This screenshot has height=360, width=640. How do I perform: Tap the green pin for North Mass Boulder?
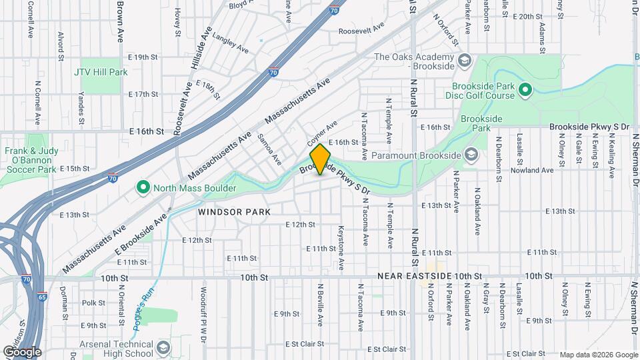coord(142,188)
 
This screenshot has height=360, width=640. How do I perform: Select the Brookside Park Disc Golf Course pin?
coord(525,89)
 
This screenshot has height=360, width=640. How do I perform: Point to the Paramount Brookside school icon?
coord(471,155)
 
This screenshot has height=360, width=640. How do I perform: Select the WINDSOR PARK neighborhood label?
coord(234,212)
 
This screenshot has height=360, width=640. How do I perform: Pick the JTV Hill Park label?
coord(101,71)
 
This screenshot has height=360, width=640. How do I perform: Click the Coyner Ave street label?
coord(323,134)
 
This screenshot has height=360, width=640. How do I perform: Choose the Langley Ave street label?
coord(230,45)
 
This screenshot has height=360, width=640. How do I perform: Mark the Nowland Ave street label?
coord(532,171)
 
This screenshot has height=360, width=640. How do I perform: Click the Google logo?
coord(22,352)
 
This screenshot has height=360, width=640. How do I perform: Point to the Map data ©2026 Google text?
coord(597,355)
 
